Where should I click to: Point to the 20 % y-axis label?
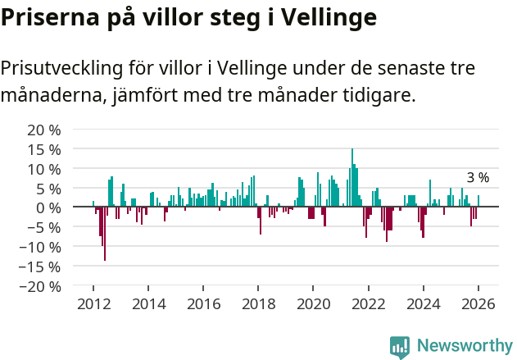tap(44, 130)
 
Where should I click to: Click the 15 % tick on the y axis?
tap(44, 149)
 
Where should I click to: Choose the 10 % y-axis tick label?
tap(44, 169)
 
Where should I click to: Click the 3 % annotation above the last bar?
tap(478, 178)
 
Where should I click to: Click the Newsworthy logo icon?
tap(400, 346)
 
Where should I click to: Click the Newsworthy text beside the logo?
tap(465, 346)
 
